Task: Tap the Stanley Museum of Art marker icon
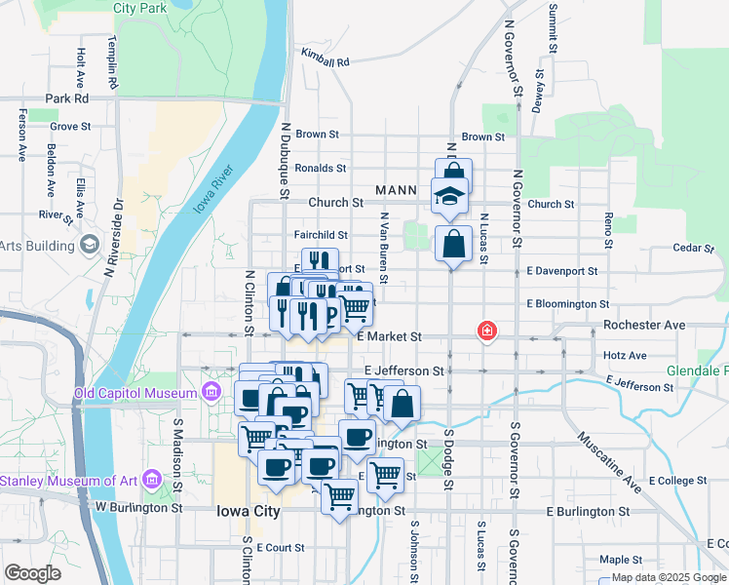150,479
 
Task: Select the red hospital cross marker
485,332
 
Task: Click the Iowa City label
248,511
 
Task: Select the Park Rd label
67,98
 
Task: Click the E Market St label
389,336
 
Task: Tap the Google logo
33,573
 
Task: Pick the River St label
50,214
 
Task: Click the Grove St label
70,126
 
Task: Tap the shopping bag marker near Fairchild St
454,243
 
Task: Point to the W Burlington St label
139,508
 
